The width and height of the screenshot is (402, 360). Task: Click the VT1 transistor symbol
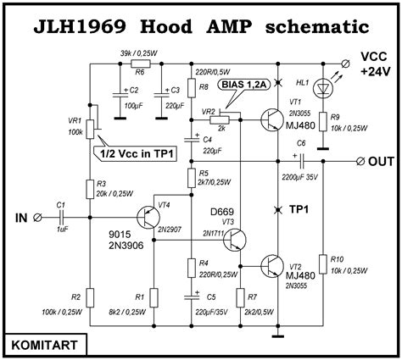click(271, 120)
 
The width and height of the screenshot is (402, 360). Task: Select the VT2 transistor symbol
click(271, 266)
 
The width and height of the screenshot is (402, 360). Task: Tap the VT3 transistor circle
click(234, 240)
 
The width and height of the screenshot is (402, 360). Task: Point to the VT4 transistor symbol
click(148, 217)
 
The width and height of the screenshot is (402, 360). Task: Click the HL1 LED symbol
click(323, 88)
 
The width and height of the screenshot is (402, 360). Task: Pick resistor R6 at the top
click(141, 64)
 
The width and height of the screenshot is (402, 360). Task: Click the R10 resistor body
click(323, 263)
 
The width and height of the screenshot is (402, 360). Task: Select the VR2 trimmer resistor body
click(220, 120)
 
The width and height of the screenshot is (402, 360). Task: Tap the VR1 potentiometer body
click(90, 129)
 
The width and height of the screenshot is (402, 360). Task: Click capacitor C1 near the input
click(62, 218)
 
